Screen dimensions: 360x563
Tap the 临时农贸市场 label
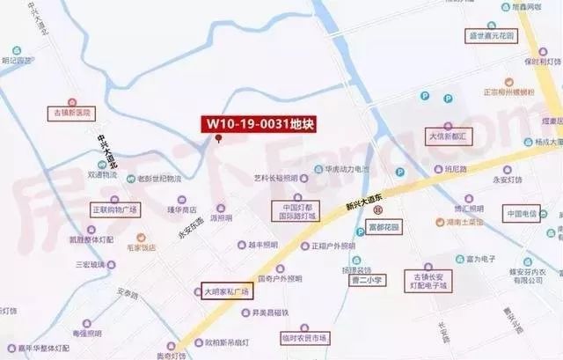[304, 338]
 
